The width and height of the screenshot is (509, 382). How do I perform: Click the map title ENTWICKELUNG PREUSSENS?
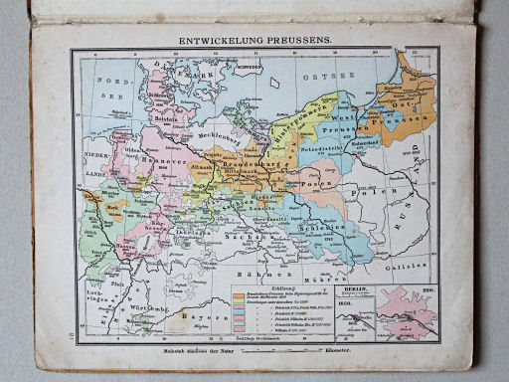(x=254, y=40)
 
